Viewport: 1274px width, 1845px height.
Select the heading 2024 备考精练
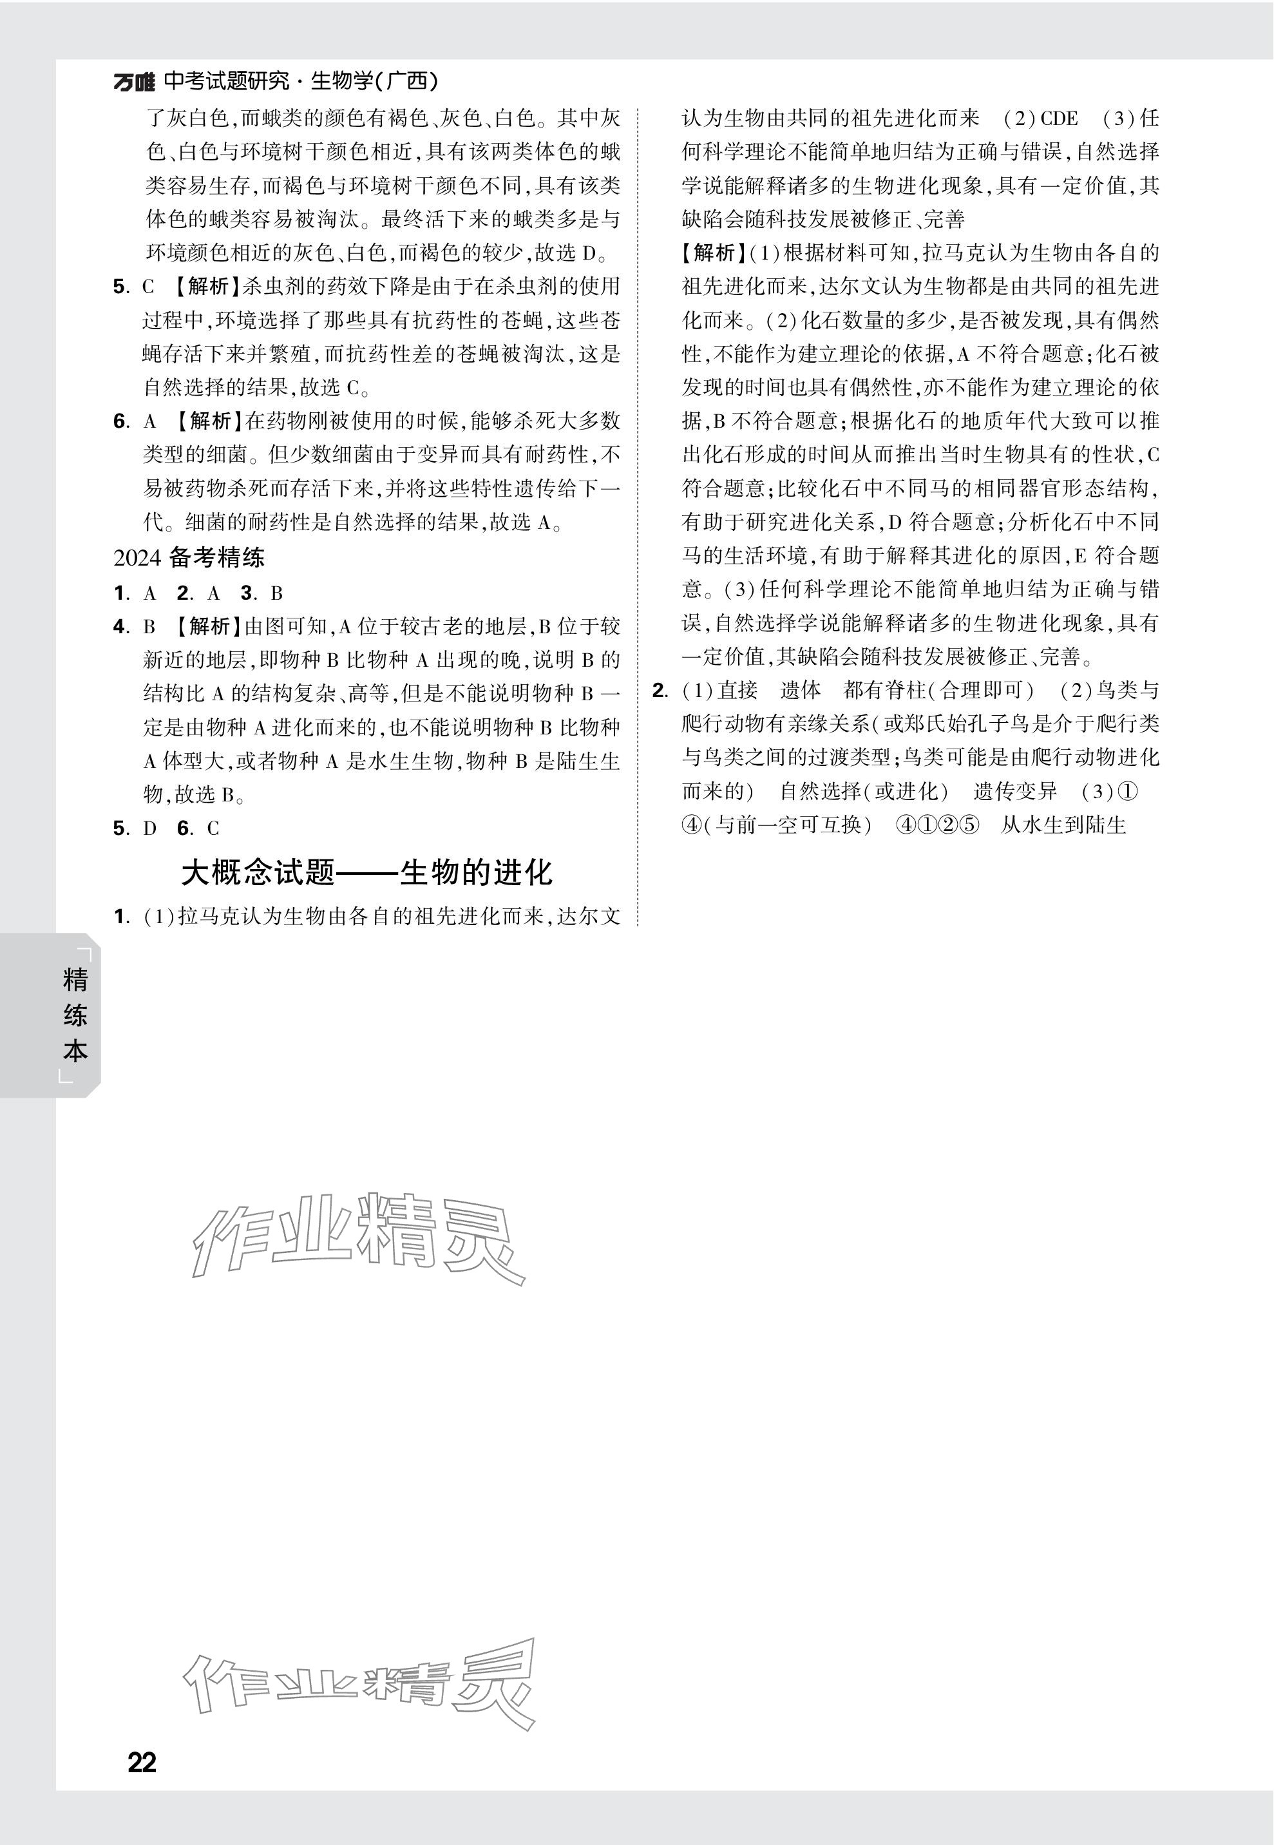189,558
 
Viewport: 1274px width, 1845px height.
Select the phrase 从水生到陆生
1063,825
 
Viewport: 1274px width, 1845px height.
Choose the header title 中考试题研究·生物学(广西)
301,81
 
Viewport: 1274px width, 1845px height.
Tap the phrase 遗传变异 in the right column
1015,792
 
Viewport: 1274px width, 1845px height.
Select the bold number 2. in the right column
660,691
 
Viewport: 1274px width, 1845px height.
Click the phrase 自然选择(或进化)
864,792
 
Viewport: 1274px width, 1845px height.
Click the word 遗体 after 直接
800,691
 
